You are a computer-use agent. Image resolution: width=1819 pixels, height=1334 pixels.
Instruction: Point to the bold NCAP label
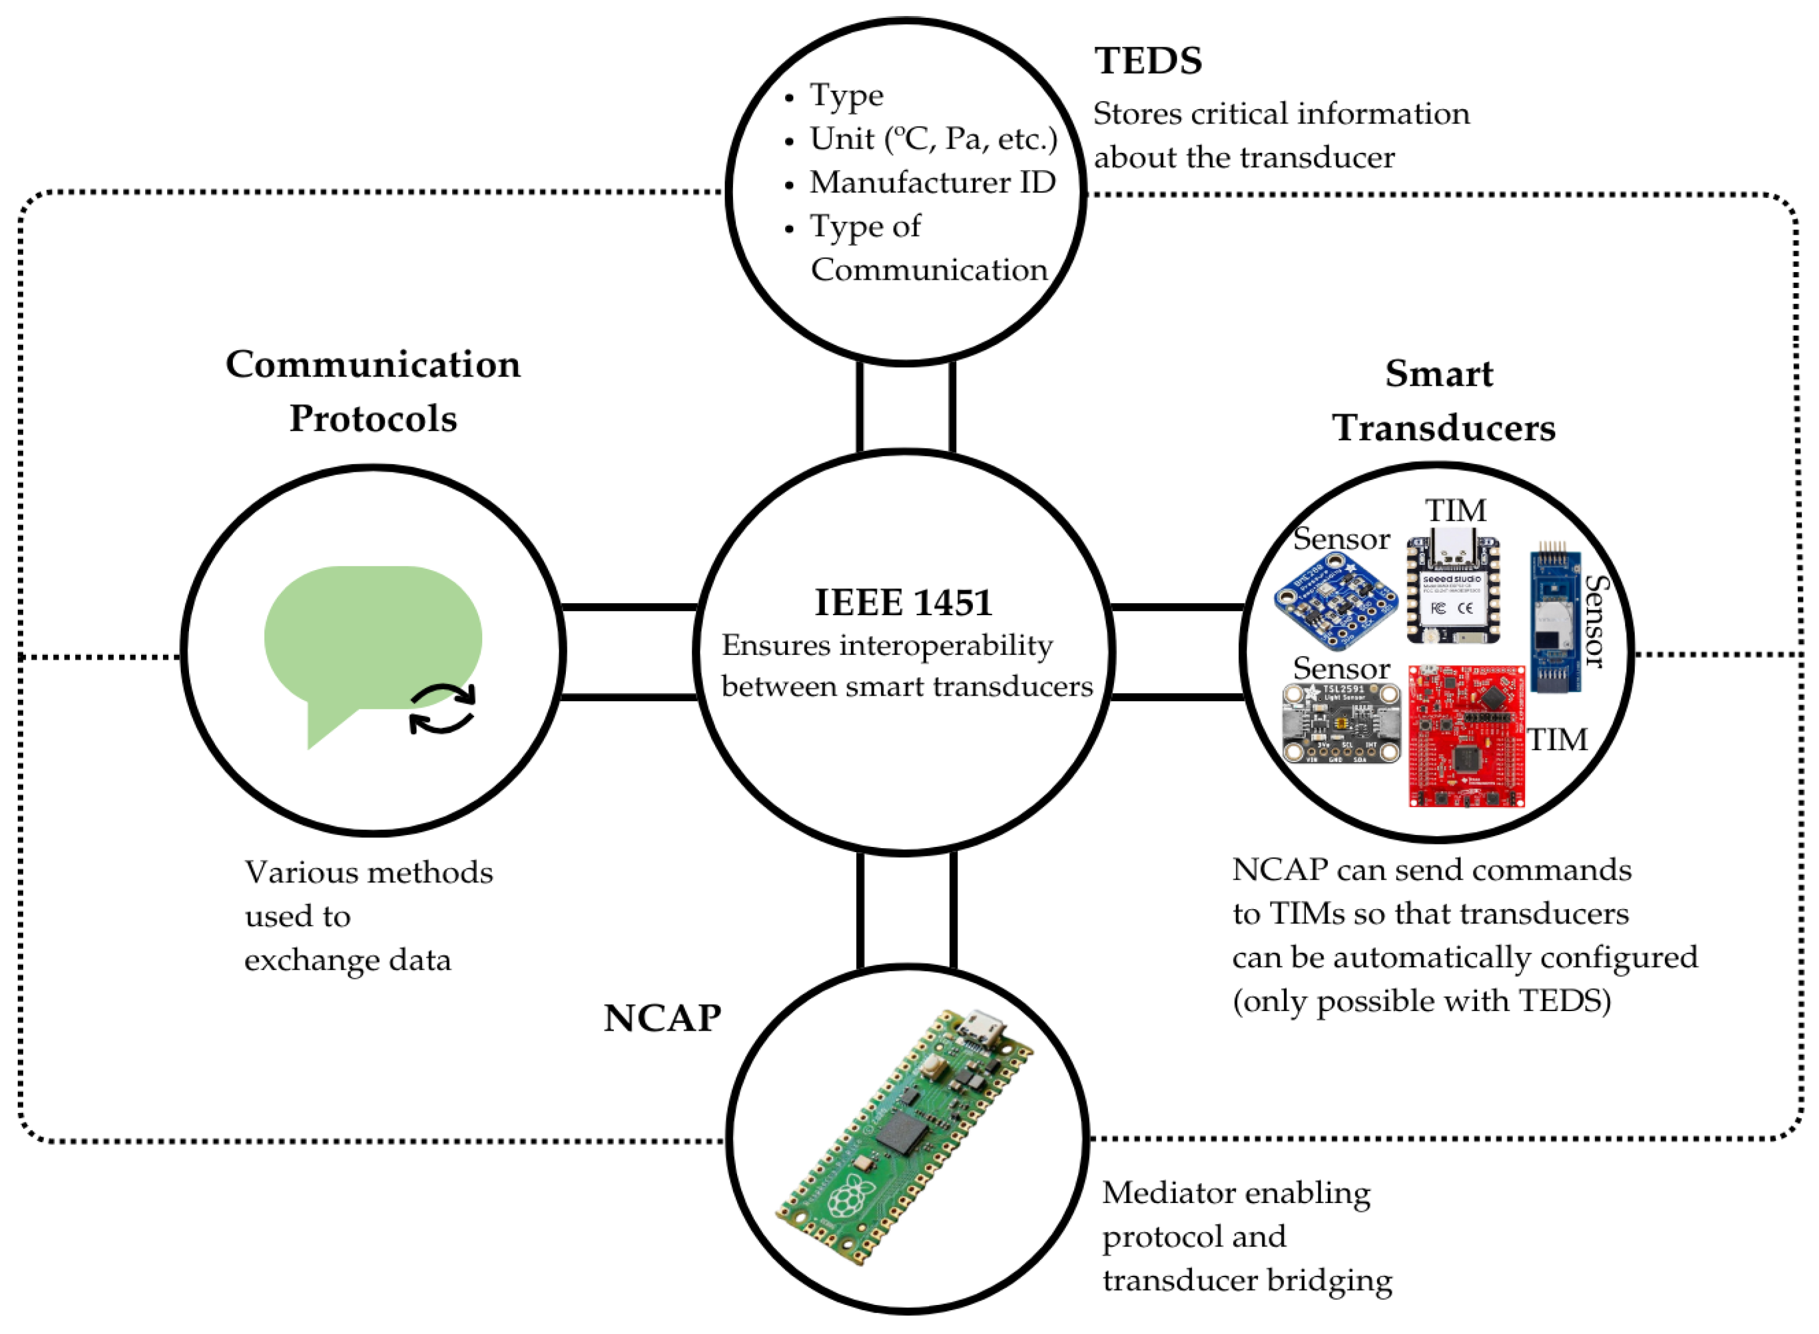[x=662, y=1018]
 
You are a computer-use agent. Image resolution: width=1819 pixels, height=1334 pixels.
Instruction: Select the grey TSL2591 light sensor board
[x=1341, y=723]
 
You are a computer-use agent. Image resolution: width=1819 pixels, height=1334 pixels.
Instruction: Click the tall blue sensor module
[x=1554, y=622]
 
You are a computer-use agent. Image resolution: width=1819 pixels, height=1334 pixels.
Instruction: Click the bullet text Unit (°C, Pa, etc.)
[x=933, y=139]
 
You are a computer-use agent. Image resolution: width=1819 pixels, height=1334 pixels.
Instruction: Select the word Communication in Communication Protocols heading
[x=373, y=365]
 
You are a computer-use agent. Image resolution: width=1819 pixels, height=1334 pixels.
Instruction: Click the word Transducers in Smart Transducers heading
[x=1443, y=428]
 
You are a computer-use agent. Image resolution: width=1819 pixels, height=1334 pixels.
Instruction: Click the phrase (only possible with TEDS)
[x=1421, y=1002]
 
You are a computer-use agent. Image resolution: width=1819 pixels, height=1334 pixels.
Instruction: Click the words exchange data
[x=347, y=960]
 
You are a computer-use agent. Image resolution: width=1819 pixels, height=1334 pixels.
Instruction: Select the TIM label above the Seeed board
[x=1455, y=510]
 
